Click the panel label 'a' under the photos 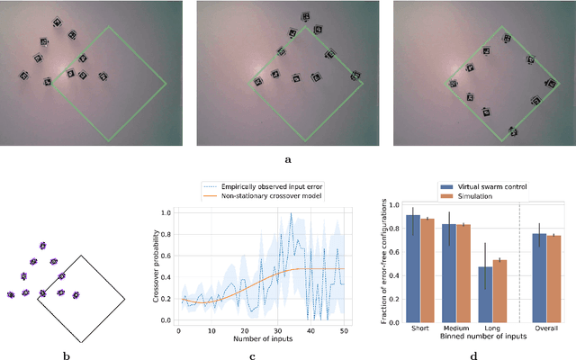tap(288, 159)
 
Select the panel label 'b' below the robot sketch tap(66, 355)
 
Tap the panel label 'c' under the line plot tap(254, 355)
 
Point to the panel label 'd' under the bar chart tap(473, 355)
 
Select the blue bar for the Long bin tap(486, 294)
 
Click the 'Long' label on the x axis tap(493, 328)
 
